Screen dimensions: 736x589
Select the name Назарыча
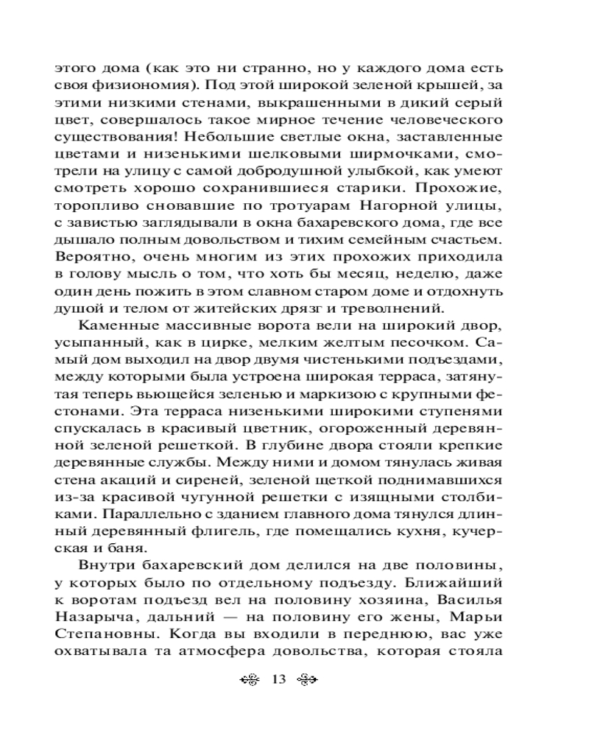coord(89,630)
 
